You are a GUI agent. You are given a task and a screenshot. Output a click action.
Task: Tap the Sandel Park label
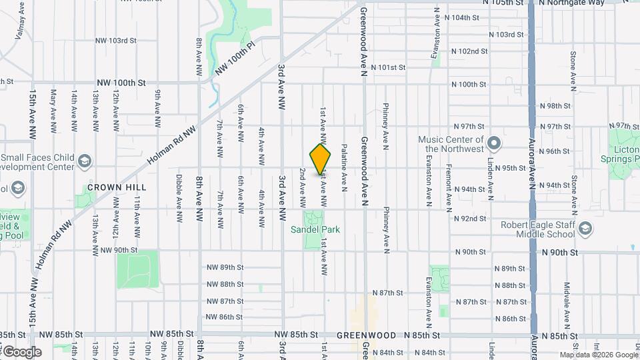pos(315,230)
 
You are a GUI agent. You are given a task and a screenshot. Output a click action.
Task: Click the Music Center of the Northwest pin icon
pos(494,143)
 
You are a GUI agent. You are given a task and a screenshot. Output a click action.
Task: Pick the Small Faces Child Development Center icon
pos(85,161)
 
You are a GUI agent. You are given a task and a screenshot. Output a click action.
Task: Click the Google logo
pos(21,351)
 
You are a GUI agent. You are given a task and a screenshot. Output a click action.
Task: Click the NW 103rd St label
pos(116,41)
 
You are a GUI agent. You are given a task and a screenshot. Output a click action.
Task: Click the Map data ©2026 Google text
pos(598,355)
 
